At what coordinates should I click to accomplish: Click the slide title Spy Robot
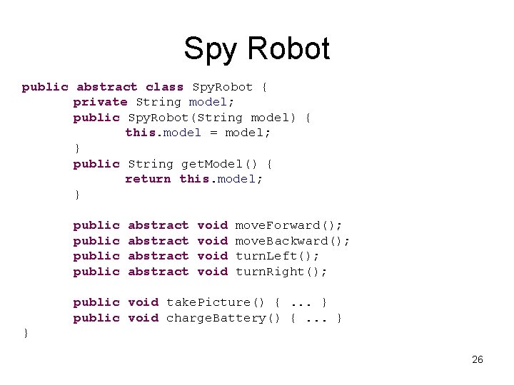tap(256, 48)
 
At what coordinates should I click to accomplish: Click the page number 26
tap(478, 359)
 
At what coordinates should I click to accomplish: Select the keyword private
tap(100, 102)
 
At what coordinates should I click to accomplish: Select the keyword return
tap(148, 179)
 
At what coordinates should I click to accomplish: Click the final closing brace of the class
tap(26, 333)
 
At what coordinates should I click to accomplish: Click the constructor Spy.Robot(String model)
tap(214, 118)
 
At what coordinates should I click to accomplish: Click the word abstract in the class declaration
tap(107, 87)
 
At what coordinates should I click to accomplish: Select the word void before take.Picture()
tap(143, 302)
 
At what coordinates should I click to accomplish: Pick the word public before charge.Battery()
tap(96, 318)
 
